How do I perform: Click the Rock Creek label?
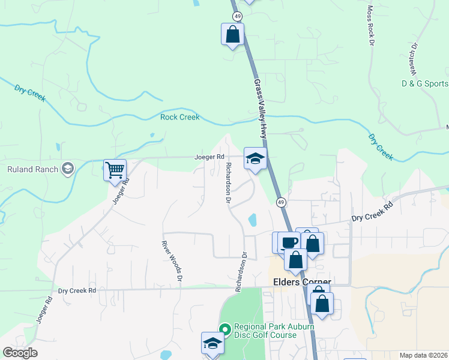pyautogui.click(x=179, y=117)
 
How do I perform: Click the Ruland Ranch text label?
pyautogui.click(x=32, y=169)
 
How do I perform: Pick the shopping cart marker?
pyautogui.click(x=115, y=169)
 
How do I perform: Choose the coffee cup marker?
pyautogui.click(x=289, y=242)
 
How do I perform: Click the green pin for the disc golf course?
pyautogui.click(x=225, y=329)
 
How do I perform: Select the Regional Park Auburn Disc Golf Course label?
pyautogui.click(x=265, y=331)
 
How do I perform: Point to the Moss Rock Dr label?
pyautogui.click(x=370, y=26)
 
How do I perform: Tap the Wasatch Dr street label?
pyautogui.click(x=414, y=53)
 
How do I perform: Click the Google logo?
pyautogui.click(x=20, y=353)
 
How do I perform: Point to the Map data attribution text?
pyautogui.click(x=424, y=355)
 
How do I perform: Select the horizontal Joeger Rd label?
pyautogui.click(x=209, y=157)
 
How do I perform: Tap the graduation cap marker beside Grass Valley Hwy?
pyautogui.click(x=255, y=159)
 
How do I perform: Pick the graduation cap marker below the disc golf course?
pyautogui.click(x=212, y=343)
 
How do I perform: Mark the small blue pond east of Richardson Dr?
pyautogui.click(x=253, y=220)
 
